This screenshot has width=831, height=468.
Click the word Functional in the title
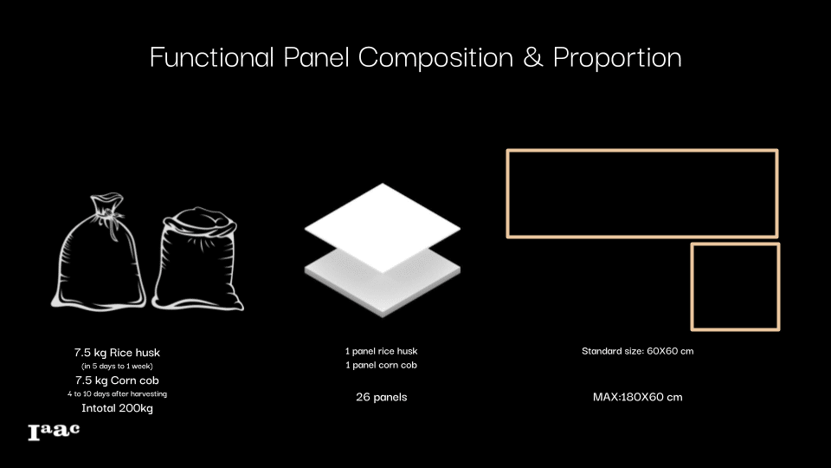click(212, 57)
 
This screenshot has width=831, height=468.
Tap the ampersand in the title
click(533, 57)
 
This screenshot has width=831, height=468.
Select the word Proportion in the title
click(617, 58)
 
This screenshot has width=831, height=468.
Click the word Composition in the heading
click(435, 58)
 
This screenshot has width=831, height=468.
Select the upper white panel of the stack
click(382, 228)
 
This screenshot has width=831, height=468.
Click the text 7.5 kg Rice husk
click(117, 353)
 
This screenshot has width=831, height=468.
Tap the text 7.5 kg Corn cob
click(117, 380)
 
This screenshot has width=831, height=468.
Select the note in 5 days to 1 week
click(117, 366)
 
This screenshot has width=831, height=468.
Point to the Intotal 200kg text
click(117, 408)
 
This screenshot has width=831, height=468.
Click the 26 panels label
click(382, 397)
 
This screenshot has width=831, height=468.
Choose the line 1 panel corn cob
click(382, 365)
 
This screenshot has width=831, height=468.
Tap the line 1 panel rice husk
click(382, 351)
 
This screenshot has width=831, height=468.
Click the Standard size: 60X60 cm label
click(638, 351)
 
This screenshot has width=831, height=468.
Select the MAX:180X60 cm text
click(638, 397)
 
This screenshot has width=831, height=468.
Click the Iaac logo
click(54, 432)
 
